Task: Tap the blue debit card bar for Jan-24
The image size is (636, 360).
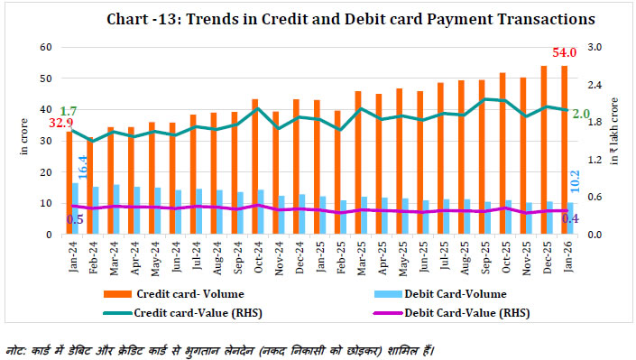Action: pyautogui.click(x=76, y=208)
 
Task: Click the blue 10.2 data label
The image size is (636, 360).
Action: pyautogui.click(x=573, y=181)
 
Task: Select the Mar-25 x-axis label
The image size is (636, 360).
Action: pyautogui.click(x=359, y=254)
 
